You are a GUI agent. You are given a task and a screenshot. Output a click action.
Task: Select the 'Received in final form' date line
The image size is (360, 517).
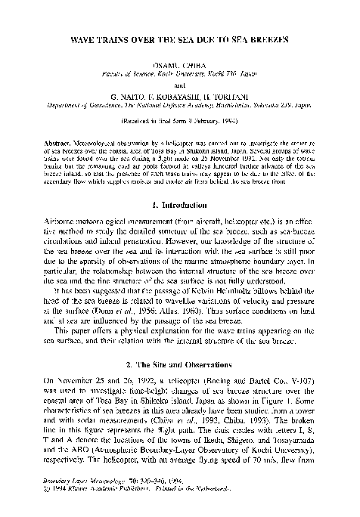179,121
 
